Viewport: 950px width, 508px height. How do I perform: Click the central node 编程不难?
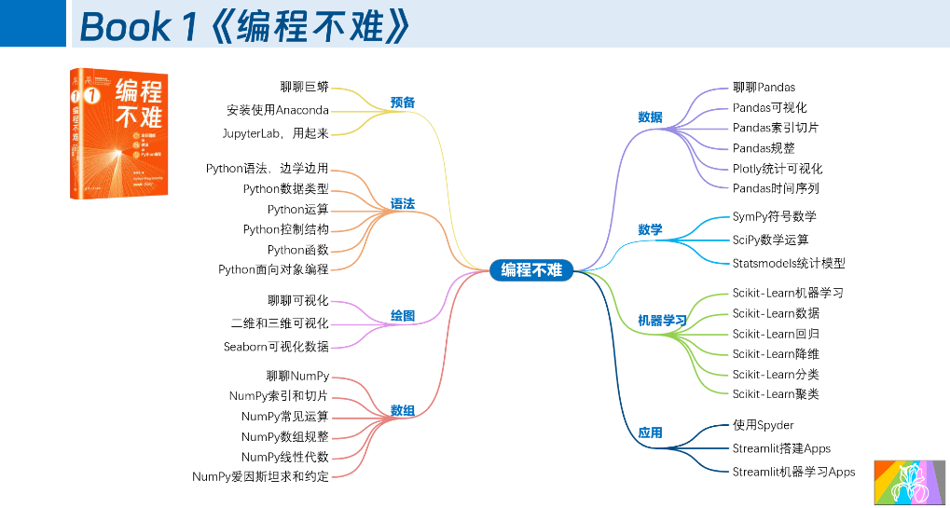pyautogui.click(x=531, y=270)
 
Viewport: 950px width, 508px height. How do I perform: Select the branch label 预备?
pyautogui.click(x=403, y=102)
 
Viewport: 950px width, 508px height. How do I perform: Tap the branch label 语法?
pyautogui.click(x=403, y=203)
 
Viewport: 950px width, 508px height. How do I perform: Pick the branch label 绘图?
pyautogui.click(x=403, y=316)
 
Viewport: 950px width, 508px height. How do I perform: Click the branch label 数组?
pyautogui.click(x=403, y=410)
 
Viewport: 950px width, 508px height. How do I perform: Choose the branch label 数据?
pyautogui.click(x=650, y=117)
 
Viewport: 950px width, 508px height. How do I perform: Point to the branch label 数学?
pyautogui.click(x=650, y=229)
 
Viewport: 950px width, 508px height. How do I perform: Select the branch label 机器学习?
pyautogui.click(x=662, y=321)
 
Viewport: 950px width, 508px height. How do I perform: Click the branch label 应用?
pyautogui.click(x=650, y=432)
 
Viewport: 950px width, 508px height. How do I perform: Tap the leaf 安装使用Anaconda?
pyautogui.click(x=277, y=110)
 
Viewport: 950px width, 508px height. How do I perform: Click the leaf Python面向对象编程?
pyautogui.click(x=273, y=269)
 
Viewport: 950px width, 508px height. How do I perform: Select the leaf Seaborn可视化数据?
pyautogui.click(x=276, y=347)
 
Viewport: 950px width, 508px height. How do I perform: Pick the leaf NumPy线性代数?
pyautogui.click(x=284, y=457)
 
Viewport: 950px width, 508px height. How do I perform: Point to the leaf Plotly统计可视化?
pyautogui.click(x=777, y=169)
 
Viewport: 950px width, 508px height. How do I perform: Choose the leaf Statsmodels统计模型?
pyautogui.click(x=788, y=263)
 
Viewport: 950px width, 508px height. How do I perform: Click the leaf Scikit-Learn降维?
pyautogui.click(x=776, y=354)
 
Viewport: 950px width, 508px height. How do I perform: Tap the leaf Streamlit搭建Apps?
pyautogui.click(x=781, y=448)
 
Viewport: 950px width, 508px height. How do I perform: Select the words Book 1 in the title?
pyautogui.click(x=138, y=27)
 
